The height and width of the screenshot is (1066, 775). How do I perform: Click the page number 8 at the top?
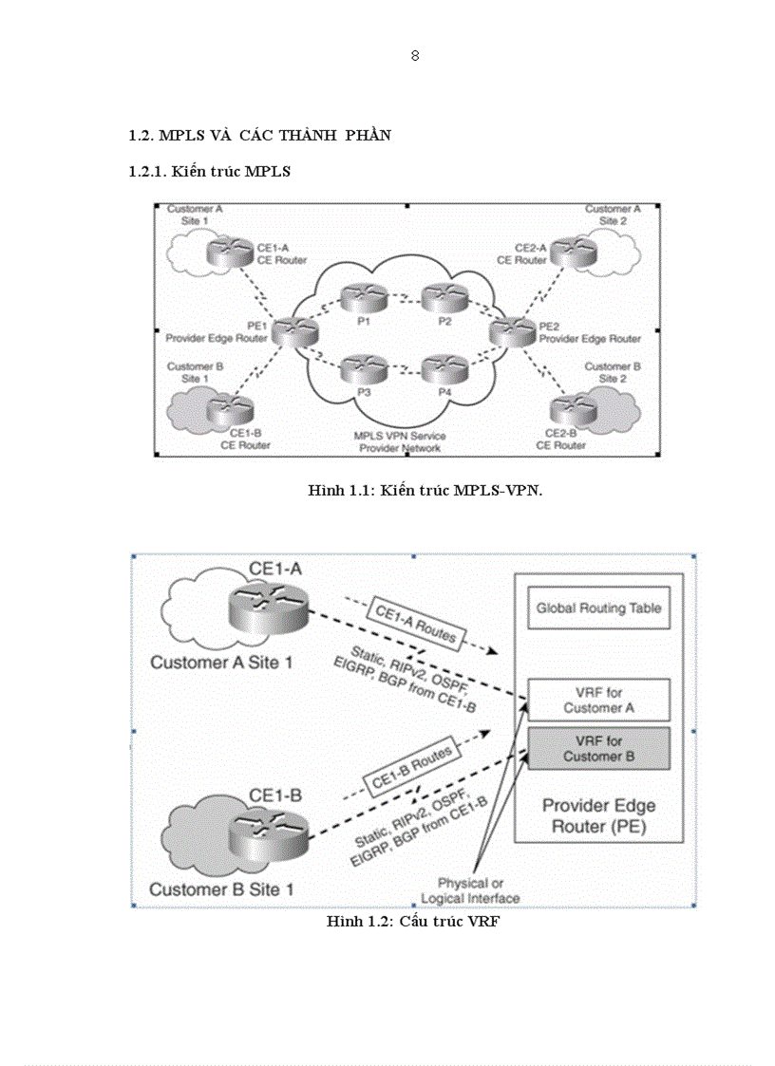pos(415,55)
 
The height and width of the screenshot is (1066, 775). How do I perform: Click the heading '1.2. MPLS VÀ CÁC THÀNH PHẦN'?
pos(259,136)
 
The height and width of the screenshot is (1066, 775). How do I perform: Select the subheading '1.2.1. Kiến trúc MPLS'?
pos(209,172)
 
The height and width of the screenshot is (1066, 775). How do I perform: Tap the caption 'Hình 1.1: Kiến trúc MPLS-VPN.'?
pos(425,490)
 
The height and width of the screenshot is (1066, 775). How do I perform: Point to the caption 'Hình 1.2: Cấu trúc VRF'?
pos(412,922)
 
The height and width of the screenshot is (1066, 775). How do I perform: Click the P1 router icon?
pos(362,300)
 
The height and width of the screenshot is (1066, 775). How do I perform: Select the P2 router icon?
pos(444,300)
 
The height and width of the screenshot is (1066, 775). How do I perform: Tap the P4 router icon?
pos(444,369)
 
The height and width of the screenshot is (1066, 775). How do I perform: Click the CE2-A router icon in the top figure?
pos(573,252)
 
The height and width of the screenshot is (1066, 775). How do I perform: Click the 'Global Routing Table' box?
pos(598,608)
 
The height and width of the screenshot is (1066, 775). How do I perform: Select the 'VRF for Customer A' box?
pos(598,701)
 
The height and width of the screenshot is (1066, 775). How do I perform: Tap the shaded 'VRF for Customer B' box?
pos(598,748)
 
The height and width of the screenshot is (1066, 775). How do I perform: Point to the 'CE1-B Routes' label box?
pos(409,767)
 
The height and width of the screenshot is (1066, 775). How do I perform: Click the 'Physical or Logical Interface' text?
pos(471,890)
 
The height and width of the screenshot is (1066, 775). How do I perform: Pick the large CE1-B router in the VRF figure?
pos(267,831)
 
